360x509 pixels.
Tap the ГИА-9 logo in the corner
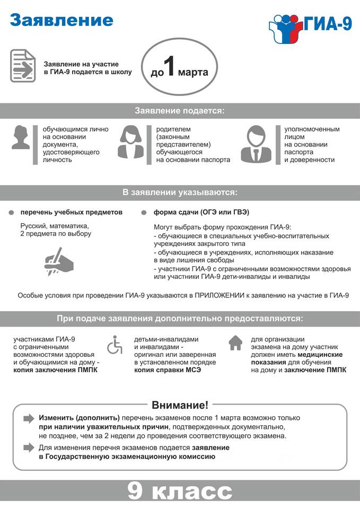click(x=310, y=24)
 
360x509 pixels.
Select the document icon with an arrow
click(x=23, y=66)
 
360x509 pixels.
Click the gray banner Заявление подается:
click(x=180, y=111)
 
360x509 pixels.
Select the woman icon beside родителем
click(x=132, y=142)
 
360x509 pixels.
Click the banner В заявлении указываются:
click(x=180, y=192)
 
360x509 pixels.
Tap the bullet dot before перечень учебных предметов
click(x=12, y=213)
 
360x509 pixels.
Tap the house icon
click(x=235, y=343)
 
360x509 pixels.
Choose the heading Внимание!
click(x=180, y=405)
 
